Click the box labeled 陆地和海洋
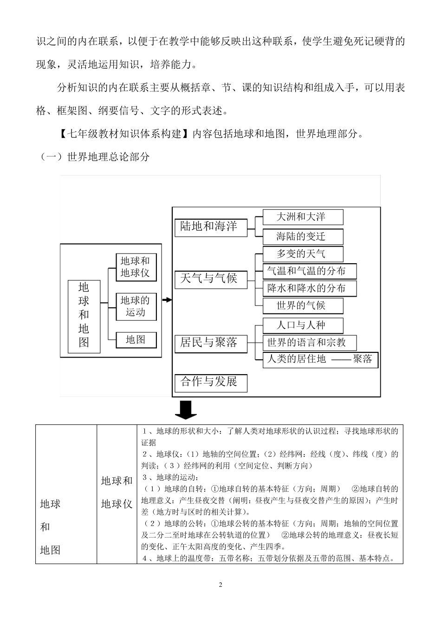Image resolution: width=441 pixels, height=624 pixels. tap(210, 227)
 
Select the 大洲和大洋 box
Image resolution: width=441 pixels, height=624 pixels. tap(303, 217)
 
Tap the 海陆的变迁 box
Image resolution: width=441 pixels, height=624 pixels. tap(303, 236)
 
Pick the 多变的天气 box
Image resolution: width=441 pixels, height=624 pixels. tap(303, 254)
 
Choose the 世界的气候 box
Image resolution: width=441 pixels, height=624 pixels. tap(303, 305)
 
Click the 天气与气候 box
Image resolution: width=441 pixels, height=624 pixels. tap(210, 279)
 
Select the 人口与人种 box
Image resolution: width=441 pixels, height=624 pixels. tap(303, 325)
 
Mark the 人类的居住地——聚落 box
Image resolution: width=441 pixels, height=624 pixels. tap(320, 359)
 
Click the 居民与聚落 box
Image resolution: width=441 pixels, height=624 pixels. tap(210, 343)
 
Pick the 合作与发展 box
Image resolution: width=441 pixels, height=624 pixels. tap(210, 382)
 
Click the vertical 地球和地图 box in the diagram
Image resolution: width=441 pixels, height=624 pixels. tap(84, 316)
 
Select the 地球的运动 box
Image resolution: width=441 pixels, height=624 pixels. tap(136, 306)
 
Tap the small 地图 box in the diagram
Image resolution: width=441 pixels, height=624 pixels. tap(136, 340)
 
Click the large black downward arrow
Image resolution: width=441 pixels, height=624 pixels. tap(186, 409)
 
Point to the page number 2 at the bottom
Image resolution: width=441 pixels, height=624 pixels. tap(220, 585)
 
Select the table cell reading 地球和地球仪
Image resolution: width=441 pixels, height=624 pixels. tap(117, 493)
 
